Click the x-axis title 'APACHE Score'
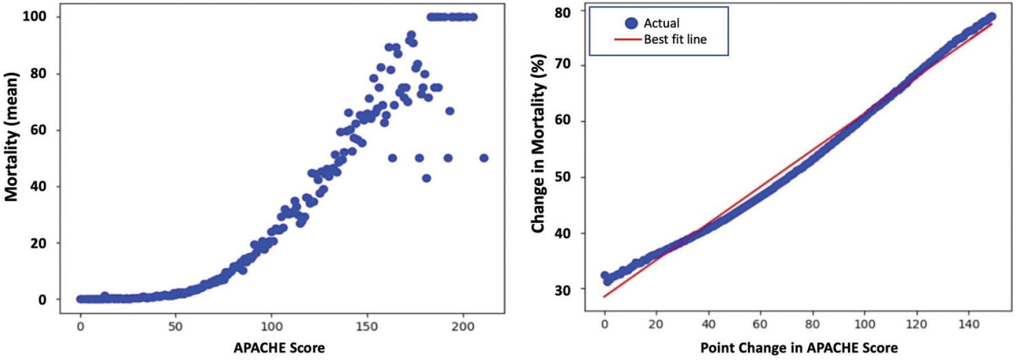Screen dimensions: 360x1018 click(x=279, y=348)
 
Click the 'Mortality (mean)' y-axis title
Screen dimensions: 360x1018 click(x=12, y=137)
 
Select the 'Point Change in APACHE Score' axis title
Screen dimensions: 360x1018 click(x=799, y=348)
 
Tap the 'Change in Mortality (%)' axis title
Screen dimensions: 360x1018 click(x=538, y=143)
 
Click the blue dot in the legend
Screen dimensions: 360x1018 click(x=631, y=23)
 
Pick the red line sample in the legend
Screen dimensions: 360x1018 click(x=628, y=40)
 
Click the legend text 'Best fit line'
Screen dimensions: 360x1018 click(x=675, y=40)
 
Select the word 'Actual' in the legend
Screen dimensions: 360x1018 click(x=661, y=23)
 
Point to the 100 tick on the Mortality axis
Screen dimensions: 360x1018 click(x=34, y=17)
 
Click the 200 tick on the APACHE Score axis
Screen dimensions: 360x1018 click(x=462, y=327)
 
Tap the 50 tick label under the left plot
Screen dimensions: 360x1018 click(x=175, y=327)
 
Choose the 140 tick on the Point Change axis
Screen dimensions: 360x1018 click(x=968, y=324)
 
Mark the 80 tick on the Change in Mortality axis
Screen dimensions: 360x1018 click(x=563, y=12)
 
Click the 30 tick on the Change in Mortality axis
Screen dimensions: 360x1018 click(x=563, y=290)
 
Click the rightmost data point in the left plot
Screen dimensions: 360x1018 click(x=484, y=158)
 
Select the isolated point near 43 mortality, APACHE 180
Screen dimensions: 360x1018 click(x=426, y=178)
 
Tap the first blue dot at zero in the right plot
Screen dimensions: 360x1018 click(x=605, y=276)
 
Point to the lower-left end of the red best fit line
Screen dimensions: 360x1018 click(x=604, y=297)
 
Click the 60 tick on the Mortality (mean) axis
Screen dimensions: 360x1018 click(x=38, y=130)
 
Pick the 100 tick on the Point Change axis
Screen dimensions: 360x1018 click(x=864, y=324)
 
